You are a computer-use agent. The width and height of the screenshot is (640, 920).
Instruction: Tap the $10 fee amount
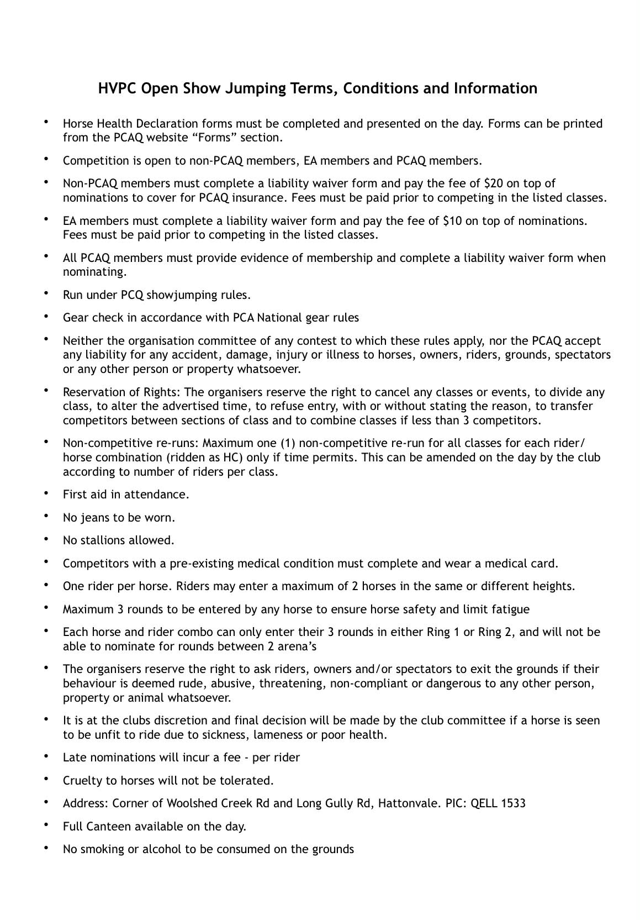(x=452, y=221)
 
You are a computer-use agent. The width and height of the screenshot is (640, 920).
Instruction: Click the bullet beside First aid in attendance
(x=47, y=493)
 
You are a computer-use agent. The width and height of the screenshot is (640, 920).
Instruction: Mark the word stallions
(x=103, y=540)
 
